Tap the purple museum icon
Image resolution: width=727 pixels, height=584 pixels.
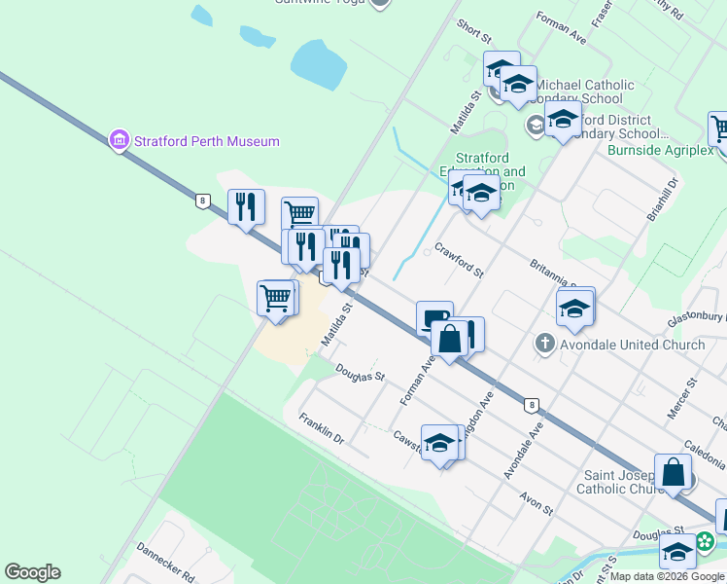coord(120,141)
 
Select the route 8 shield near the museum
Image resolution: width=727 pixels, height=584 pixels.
coord(202,201)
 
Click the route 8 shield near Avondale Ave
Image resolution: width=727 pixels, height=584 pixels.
coord(531,404)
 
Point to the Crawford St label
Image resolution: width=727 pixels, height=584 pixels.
coord(459,260)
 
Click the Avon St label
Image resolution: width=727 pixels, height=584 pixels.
coord(536,502)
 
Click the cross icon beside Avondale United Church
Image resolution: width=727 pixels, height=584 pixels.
coord(544,345)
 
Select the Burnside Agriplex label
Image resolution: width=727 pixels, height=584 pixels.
coord(661,150)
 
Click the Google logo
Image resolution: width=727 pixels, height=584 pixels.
coord(32,572)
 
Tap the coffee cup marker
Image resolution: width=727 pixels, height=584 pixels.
coord(434,317)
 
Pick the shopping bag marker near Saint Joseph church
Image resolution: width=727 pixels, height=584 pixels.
coord(674,473)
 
